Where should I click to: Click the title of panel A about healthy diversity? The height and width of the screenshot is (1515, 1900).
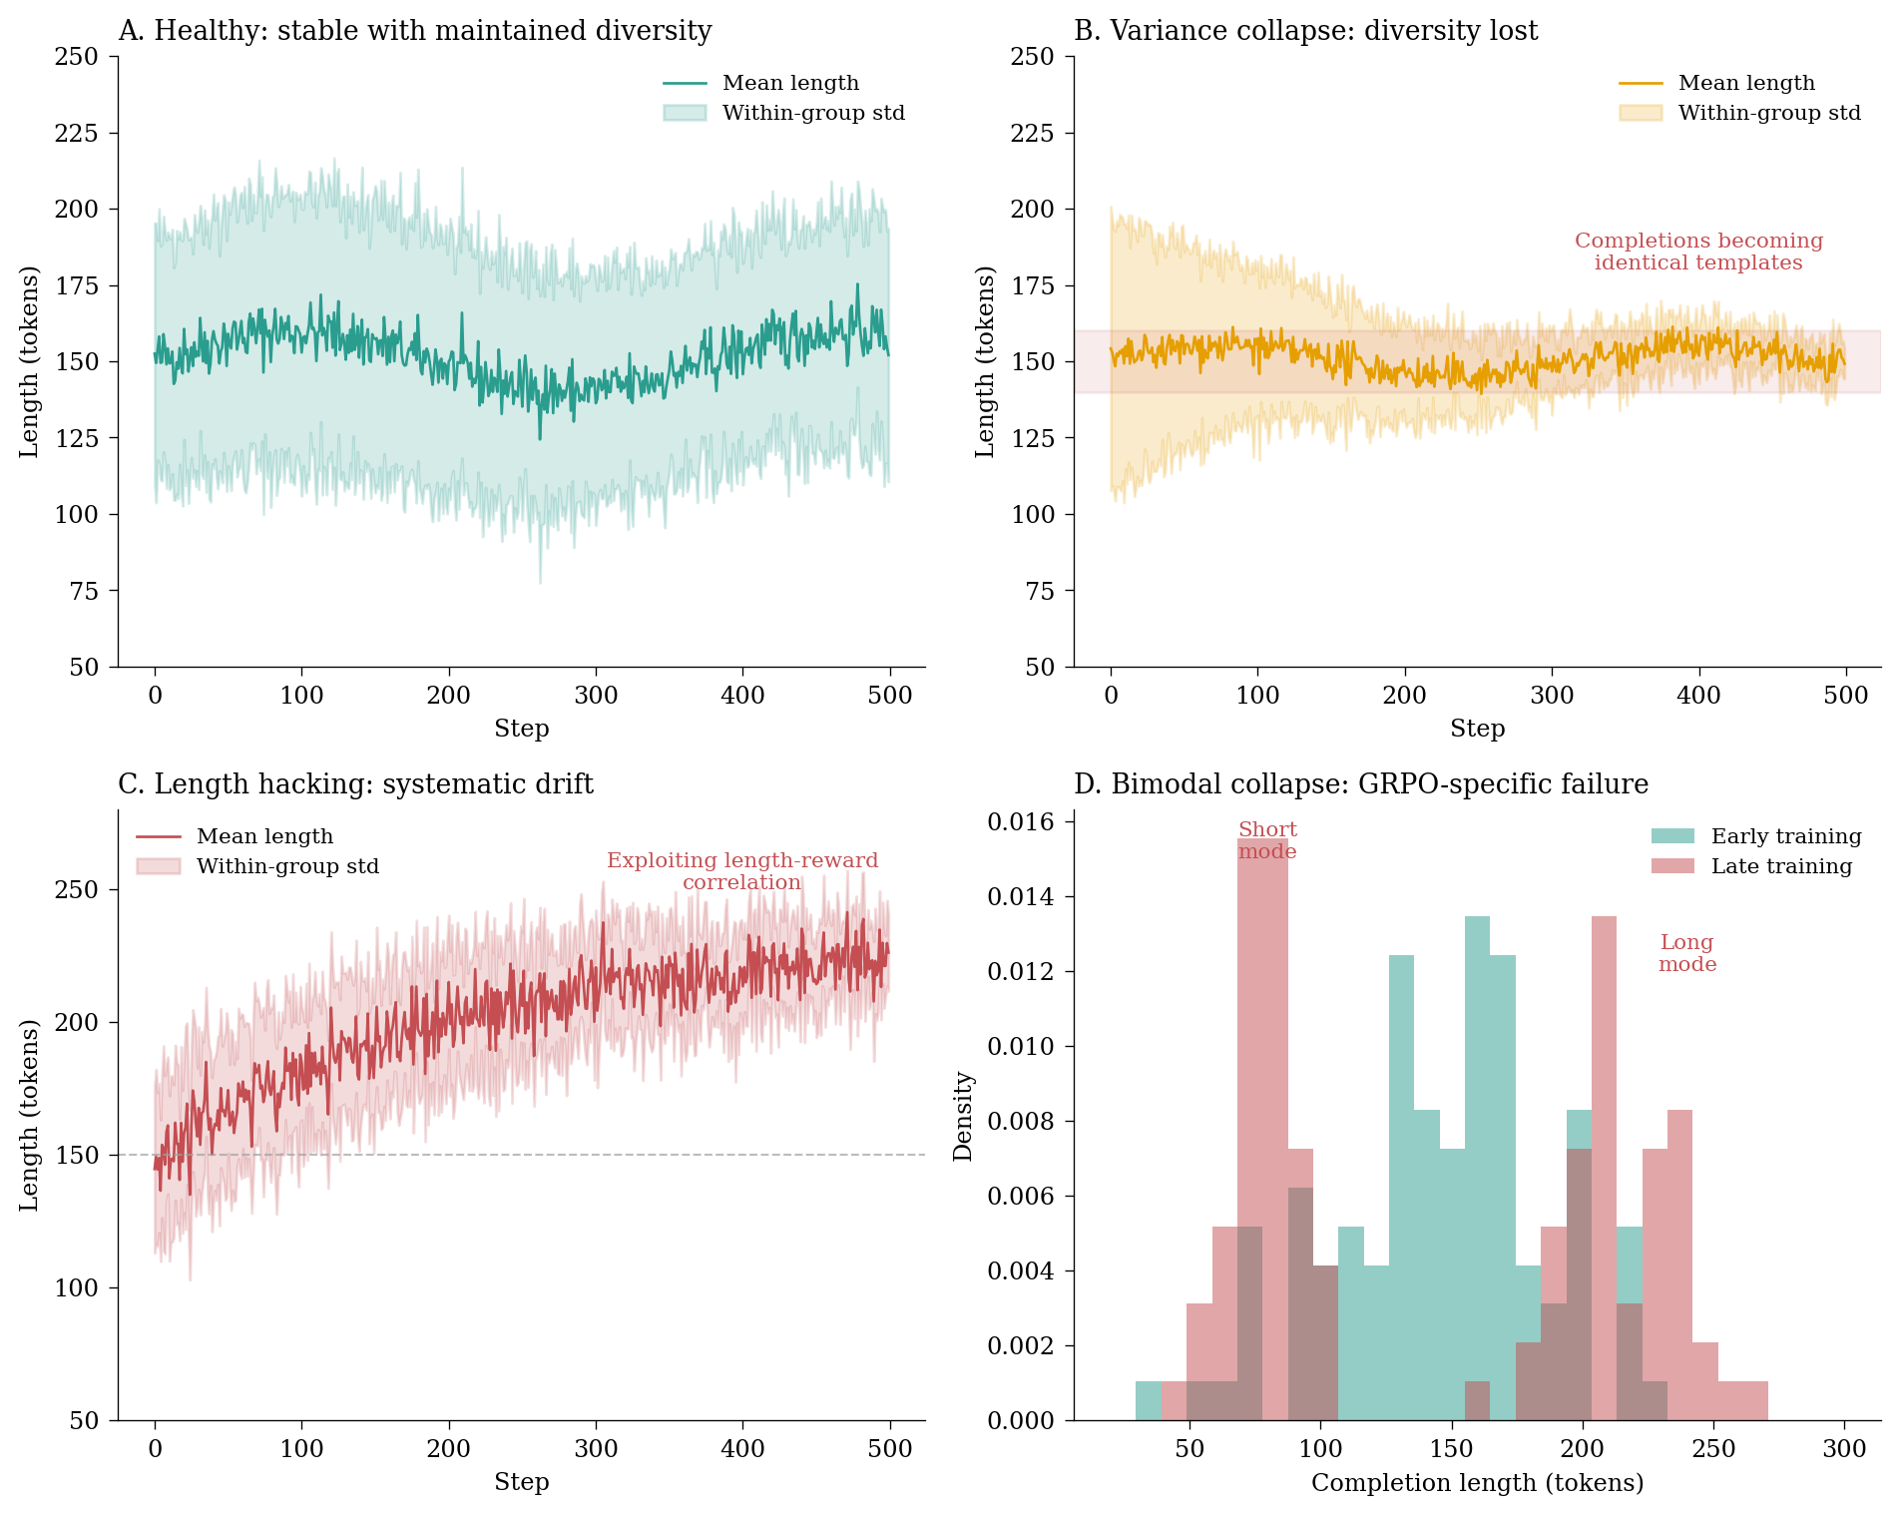pyautogui.click(x=414, y=31)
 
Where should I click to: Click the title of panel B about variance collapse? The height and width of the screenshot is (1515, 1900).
pyautogui.click(x=1305, y=31)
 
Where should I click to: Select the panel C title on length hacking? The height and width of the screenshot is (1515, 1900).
pyautogui.click(x=355, y=784)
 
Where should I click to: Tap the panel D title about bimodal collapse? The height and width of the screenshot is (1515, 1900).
pyautogui.click(x=1360, y=784)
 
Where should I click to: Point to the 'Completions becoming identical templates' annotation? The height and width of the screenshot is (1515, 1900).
pyautogui.click(x=1698, y=252)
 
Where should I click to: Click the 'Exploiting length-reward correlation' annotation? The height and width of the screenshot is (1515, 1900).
pyautogui.click(x=742, y=871)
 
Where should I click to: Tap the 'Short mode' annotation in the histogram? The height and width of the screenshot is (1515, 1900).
pyautogui.click(x=1267, y=840)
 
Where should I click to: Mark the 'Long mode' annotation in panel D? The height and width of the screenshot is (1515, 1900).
pyautogui.click(x=1687, y=953)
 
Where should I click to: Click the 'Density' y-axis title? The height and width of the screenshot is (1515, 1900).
pyautogui.click(x=963, y=1116)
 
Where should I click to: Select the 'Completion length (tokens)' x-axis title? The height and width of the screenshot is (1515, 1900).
pyautogui.click(x=1477, y=1483)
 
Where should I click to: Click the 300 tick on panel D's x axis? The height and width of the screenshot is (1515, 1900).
pyautogui.click(x=1844, y=1449)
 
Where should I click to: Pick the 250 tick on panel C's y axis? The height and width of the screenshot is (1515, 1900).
pyautogui.click(x=77, y=889)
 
